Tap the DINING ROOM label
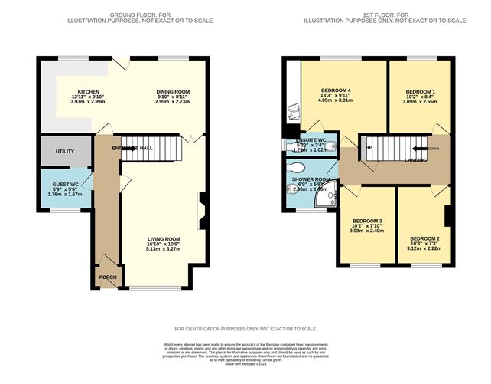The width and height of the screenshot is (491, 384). (x=173, y=91)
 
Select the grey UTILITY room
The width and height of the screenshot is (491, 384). (x=65, y=151)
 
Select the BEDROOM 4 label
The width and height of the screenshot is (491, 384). (x=333, y=90)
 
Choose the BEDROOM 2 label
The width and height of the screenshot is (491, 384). (x=424, y=238)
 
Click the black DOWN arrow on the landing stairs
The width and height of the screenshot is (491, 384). (x=420, y=149)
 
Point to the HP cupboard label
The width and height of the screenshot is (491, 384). (x=369, y=148)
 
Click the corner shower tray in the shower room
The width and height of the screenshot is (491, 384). (x=330, y=201)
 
